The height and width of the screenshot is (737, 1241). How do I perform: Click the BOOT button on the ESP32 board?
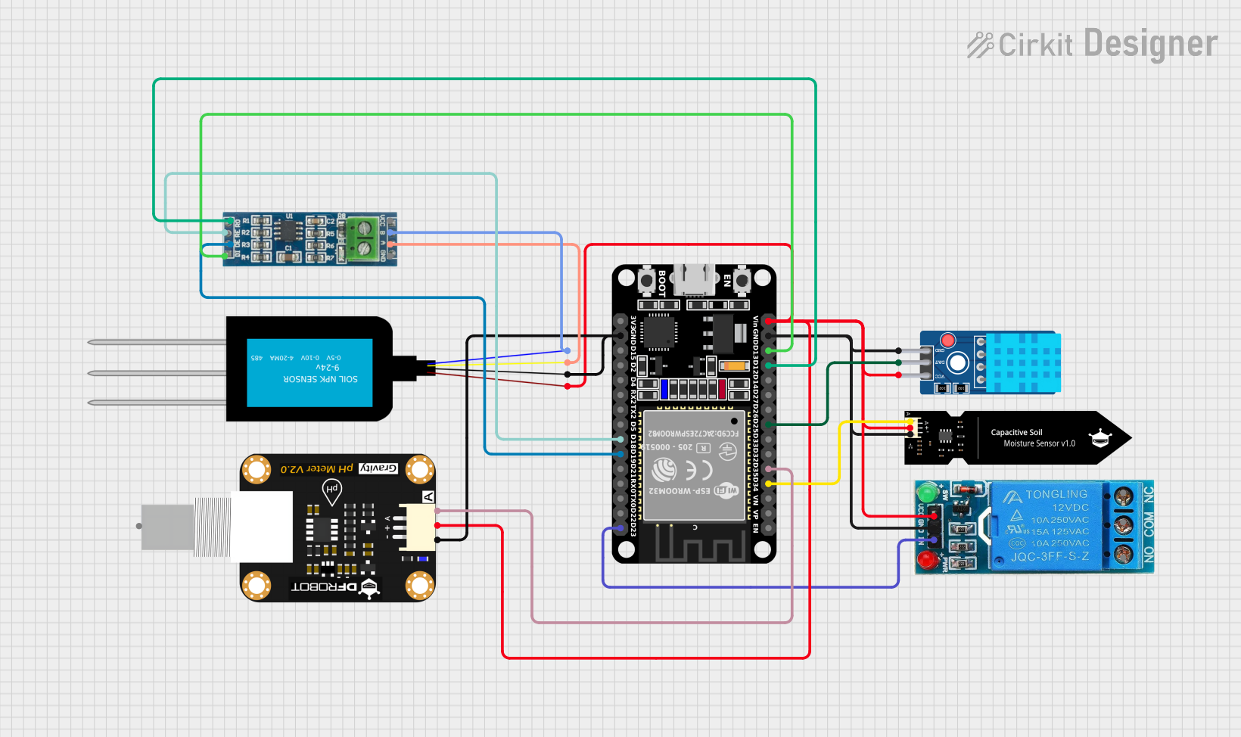pyautogui.click(x=647, y=281)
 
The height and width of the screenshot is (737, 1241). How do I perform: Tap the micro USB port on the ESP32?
pyautogui.click(x=694, y=279)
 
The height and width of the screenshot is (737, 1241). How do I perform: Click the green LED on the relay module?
pyautogui.click(x=926, y=493)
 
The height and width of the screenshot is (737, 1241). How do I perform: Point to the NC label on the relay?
pyautogui.click(x=1148, y=496)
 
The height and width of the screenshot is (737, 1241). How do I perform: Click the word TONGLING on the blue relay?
pyautogui.click(x=1056, y=494)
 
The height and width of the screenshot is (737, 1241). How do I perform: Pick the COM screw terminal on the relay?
pyautogui.click(x=1124, y=524)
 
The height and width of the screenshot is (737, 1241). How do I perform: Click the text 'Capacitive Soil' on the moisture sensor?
pyautogui.click(x=1016, y=432)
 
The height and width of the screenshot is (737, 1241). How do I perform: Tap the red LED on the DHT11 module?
pyautogui.click(x=947, y=341)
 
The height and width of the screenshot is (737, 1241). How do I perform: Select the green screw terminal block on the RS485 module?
pyautogui.click(x=363, y=237)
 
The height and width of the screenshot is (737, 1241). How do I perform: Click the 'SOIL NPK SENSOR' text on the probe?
pyautogui.click(x=320, y=379)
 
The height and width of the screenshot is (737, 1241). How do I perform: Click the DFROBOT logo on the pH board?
pyautogui.click(x=331, y=587)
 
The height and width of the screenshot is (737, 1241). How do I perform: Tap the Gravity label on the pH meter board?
pyautogui.click(x=378, y=468)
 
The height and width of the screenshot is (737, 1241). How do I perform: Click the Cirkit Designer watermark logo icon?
pyautogui.click(x=980, y=45)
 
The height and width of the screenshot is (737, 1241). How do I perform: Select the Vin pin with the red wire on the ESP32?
pyautogui.click(x=769, y=322)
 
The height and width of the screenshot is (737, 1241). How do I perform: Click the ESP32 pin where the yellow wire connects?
pyautogui.click(x=769, y=483)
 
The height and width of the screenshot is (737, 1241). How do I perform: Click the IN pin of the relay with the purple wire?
pyautogui.click(x=933, y=540)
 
